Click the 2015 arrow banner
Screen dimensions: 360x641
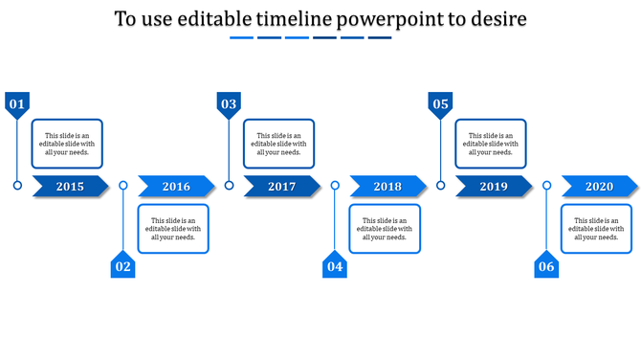71,187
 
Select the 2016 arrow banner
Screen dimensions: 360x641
176,187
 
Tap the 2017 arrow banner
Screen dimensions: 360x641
282,187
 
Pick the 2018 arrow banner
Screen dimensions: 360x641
387,187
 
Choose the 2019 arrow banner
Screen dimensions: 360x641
494,187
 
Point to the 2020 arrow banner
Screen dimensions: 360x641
599,187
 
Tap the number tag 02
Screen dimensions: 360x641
122,265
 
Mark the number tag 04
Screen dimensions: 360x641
334,265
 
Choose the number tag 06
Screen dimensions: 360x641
545,265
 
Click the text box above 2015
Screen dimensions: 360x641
67,144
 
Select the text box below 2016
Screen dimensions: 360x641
173,229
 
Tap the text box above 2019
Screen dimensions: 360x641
491,144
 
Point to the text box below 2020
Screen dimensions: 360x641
596,229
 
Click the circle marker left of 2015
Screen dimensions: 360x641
17,185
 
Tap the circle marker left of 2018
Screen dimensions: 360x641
335,185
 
